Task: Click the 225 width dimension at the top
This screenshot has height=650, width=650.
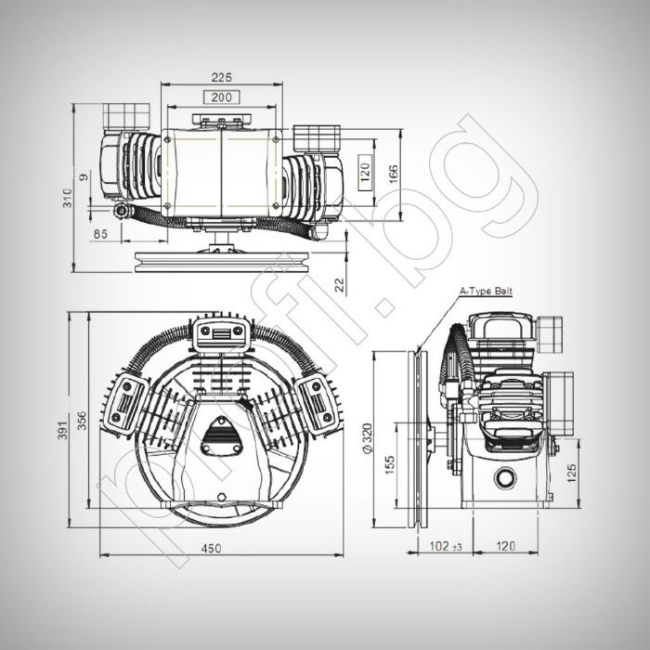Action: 221,77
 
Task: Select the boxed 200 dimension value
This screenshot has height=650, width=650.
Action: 221,97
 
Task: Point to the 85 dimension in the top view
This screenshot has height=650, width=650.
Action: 99,234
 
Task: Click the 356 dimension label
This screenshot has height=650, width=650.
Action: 81,422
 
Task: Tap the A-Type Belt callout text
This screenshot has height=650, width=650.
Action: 486,292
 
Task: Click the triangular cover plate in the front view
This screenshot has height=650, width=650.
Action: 221,435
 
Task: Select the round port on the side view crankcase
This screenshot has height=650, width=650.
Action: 505,477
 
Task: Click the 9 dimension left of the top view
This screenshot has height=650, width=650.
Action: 83,175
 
